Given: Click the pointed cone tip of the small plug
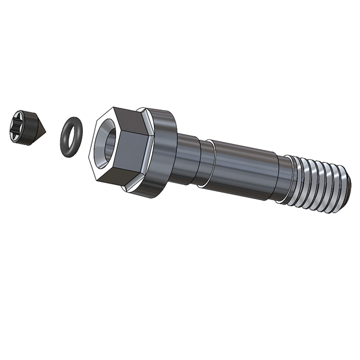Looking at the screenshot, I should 46,131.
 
